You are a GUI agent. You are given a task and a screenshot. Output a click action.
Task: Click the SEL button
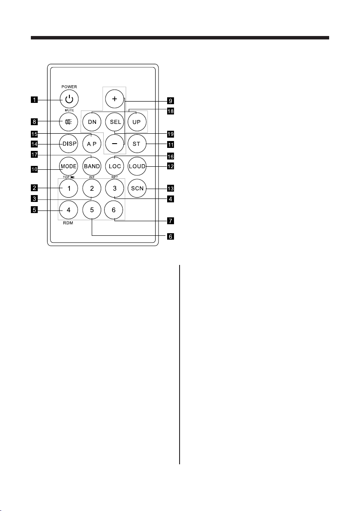pos(114,122)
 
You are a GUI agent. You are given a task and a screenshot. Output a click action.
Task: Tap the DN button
pos(92,122)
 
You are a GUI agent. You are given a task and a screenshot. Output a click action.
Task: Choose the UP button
pos(137,122)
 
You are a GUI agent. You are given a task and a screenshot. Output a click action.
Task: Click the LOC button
pos(114,165)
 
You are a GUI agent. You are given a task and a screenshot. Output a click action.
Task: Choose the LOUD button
pos(137,165)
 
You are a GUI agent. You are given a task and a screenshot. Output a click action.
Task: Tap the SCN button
pos(137,188)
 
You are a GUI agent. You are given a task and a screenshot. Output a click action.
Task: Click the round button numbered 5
pos(92,210)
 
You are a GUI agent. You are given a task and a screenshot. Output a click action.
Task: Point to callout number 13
pos(171,188)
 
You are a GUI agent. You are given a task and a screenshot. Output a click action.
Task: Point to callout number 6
pos(171,236)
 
